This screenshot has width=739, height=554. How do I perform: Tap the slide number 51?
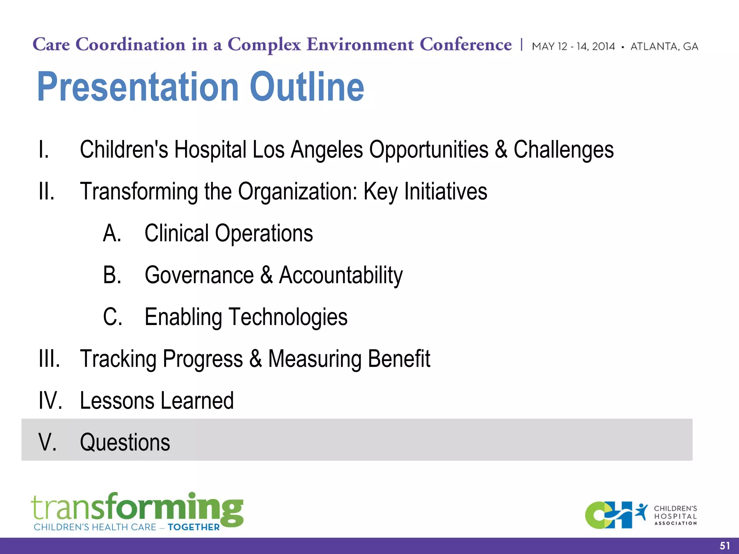tap(725, 546)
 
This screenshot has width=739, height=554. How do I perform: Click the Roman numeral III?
tap(49, 359)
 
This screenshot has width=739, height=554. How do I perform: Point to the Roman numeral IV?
tap(50, 401)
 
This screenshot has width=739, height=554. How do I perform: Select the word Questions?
tap(125, 443)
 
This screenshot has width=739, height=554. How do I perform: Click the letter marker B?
tap(112, 275)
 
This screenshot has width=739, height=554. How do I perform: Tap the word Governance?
tap(199, 275)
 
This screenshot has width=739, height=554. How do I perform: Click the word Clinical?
tap(176, 233)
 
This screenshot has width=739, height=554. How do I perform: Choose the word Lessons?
tap(117, 401)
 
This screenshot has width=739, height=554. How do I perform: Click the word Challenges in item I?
tap(563, 150)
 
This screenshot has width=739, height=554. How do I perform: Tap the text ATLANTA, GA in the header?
tap(664, 47)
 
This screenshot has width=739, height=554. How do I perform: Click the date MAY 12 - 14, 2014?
tap(573, 47)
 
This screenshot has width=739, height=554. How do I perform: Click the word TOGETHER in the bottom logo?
tap(193, 527)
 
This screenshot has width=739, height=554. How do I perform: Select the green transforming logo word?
tap(137, 508)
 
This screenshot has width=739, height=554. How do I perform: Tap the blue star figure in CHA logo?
tap(641, 512)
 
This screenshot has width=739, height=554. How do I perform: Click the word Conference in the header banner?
tap(465, 45)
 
